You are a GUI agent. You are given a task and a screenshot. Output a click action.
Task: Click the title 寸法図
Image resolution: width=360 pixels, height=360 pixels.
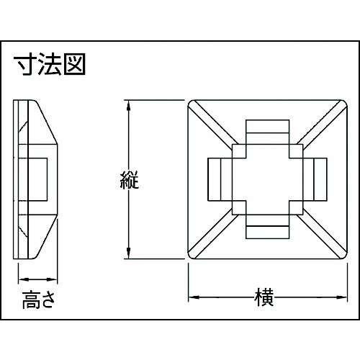tap(49, 64)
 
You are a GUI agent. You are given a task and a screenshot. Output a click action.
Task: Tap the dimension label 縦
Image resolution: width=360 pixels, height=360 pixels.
tap(130, 180)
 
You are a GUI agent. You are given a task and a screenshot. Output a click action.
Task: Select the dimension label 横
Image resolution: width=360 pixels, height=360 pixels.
tap(264, 297)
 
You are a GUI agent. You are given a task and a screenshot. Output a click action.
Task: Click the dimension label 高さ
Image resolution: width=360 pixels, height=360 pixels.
tap(38, 300)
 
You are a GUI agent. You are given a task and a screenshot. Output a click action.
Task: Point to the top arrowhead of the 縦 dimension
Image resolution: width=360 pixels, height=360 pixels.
tap(129, 105)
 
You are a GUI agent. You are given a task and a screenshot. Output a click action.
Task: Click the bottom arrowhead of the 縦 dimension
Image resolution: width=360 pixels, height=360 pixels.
tap(129, 253)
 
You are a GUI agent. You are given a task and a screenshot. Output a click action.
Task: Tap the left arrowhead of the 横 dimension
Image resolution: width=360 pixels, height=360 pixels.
tap(194, 297)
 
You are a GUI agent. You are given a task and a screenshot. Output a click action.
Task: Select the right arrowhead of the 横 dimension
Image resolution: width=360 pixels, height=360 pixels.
tap(342, 297)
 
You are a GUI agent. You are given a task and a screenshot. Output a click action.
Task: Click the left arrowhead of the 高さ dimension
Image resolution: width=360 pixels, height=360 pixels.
tap(24, 279)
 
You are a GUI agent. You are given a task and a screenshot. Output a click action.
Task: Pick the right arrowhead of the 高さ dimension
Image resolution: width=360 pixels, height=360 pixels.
tap(52, 279)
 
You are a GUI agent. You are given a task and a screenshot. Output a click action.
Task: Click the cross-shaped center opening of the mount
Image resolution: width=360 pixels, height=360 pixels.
tap(268, 179)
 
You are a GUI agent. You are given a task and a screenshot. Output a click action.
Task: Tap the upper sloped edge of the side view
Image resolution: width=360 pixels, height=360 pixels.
tap(47, 122)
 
